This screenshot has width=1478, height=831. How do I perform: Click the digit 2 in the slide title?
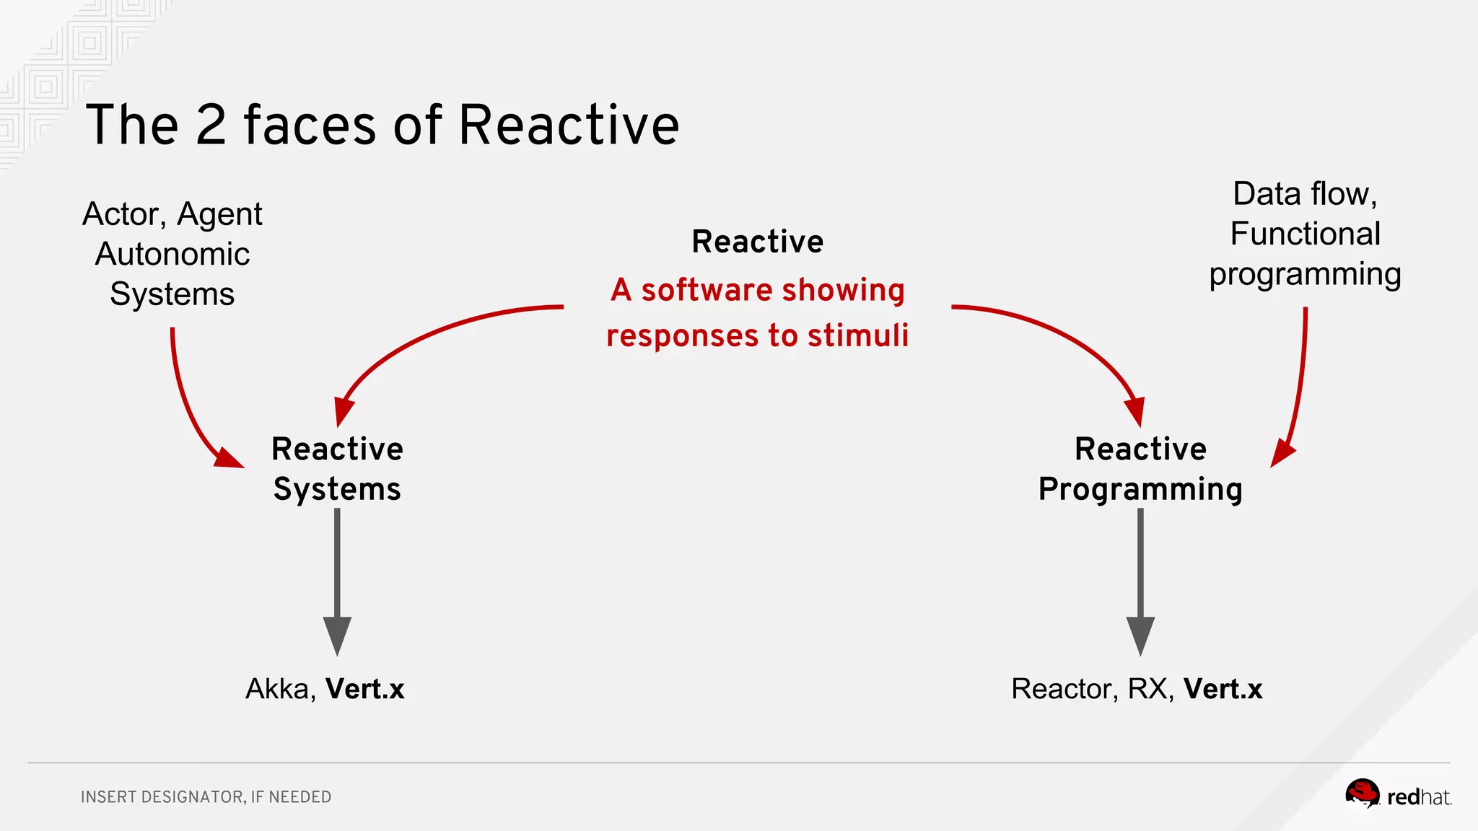[211, 126]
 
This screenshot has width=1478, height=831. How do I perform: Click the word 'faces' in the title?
[310, 126]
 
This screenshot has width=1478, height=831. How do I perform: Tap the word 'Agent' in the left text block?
[219, 214]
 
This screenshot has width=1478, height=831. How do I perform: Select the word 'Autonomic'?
[172, 254]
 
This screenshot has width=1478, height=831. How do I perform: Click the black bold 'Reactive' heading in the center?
[757, 242]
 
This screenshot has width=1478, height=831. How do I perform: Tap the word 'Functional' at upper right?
[1305, 234]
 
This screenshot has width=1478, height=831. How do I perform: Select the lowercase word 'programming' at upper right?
[1305, 276]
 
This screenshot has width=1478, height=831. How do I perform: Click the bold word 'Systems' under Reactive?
[337, 489]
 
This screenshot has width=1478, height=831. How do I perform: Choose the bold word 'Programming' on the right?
[1140, 489]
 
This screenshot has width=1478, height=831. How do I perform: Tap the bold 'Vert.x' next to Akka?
[364, 689]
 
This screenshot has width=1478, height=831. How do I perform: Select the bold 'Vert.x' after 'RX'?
[1223, 689]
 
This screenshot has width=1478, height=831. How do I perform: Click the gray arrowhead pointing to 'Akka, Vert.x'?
[337, 635]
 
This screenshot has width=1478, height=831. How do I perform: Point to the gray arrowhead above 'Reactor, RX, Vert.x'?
[1140, 635]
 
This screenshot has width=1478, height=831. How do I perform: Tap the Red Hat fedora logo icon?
[1362, 794]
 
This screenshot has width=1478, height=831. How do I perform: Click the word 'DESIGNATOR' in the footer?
[193, 797]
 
